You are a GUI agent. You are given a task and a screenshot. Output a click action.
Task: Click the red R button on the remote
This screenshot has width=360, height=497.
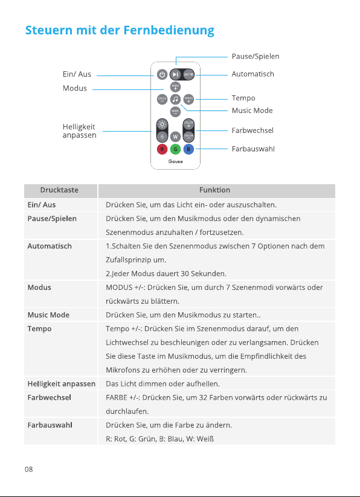click(x=162, y=149)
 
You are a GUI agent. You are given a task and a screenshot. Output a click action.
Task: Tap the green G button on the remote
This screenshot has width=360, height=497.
click(x=175, y=149)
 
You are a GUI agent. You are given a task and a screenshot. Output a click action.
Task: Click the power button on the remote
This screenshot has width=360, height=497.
click(x=162, y=74)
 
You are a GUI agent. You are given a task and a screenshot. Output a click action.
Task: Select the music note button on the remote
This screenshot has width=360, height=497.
click(x=175, y=99)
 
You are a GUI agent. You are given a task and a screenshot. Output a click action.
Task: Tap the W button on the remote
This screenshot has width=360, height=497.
click(x=175, y=137)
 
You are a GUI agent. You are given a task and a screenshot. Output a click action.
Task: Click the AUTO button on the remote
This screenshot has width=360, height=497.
click(x=188, y=74)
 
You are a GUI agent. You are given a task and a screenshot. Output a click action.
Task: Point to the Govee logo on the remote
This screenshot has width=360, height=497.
click(x=176, y=161)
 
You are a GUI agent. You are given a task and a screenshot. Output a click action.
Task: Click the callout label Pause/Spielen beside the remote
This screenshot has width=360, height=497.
click(x=256, y=56)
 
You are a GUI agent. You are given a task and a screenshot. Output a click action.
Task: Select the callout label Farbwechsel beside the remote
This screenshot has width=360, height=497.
click(x=252, y=130)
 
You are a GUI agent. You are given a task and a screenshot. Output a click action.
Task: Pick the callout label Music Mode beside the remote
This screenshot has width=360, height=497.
click(x=252, y=111)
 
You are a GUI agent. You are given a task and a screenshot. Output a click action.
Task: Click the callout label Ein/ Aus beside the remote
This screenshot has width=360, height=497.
click(x=77, y=74)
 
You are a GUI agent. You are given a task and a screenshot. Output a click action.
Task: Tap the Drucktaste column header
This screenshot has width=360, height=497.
click(x=59, y=190)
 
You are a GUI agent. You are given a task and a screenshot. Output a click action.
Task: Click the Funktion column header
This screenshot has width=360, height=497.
click(x=215, y=190)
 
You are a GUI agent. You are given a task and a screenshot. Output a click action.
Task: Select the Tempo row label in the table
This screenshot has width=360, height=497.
click(x=39, y=329)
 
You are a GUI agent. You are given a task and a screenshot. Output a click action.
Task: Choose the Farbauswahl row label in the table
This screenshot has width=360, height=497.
click(x=50, y=425)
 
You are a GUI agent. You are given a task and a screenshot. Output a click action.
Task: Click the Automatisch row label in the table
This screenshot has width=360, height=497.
click(x=50, y=246)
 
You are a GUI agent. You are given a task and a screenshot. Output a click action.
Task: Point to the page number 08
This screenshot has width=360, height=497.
click(x=29, y=469)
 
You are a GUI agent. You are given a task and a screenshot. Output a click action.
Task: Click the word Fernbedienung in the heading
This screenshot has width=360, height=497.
click(x=169, y=30)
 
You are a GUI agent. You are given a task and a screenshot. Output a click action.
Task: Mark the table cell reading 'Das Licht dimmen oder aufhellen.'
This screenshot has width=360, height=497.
click(x=163, y=384)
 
